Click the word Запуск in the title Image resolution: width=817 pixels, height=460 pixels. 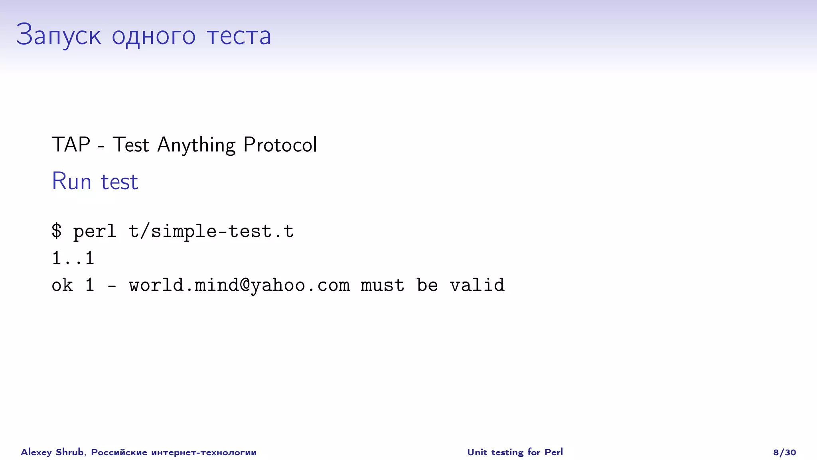(x=58, y=35)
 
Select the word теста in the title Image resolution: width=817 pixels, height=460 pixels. (x=239, y=35)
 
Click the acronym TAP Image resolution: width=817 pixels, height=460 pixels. (x=71, y=144)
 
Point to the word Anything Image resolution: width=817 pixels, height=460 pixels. (x=196, y=145)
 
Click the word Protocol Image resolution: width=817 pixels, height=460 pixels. (x=280, y=144)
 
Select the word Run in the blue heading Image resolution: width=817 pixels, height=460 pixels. (x=72, y=181)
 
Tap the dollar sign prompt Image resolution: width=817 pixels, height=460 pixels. (x=57, y=231)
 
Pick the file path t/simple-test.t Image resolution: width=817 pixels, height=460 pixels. (x=211, y=231)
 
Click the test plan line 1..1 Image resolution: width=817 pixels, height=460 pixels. (x=73, y=258)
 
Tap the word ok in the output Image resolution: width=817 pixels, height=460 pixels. (x=62, y=285)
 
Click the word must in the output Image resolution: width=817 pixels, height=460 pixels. (x=382, y=285)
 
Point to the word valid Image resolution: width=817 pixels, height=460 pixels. (x=477, y=285)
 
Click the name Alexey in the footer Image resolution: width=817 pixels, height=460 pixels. (x=36, y=452)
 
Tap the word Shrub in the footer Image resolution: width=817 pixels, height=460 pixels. (x=69, y=452)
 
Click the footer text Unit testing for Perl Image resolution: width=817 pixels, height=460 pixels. (x=515, y=452)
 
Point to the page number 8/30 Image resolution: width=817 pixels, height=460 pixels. (x=784, y=452)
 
